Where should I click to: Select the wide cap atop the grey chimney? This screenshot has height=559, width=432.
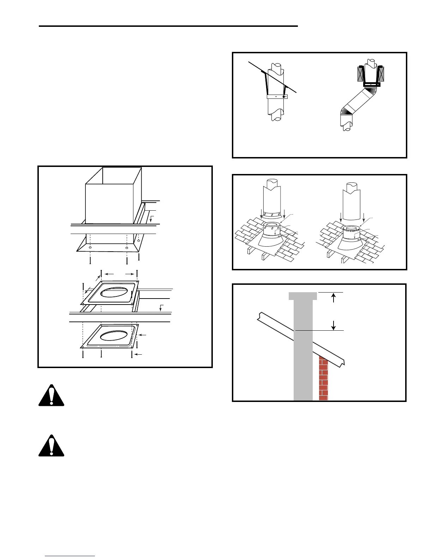303,296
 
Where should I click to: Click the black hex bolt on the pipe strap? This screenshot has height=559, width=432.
283,97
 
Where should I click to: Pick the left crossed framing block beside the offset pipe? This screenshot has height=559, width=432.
361,74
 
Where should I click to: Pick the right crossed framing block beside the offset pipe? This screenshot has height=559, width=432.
381,74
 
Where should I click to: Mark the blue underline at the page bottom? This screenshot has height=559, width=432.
70,556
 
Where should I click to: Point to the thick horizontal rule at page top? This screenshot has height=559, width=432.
168,26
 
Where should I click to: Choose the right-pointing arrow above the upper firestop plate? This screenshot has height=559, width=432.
130,274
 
